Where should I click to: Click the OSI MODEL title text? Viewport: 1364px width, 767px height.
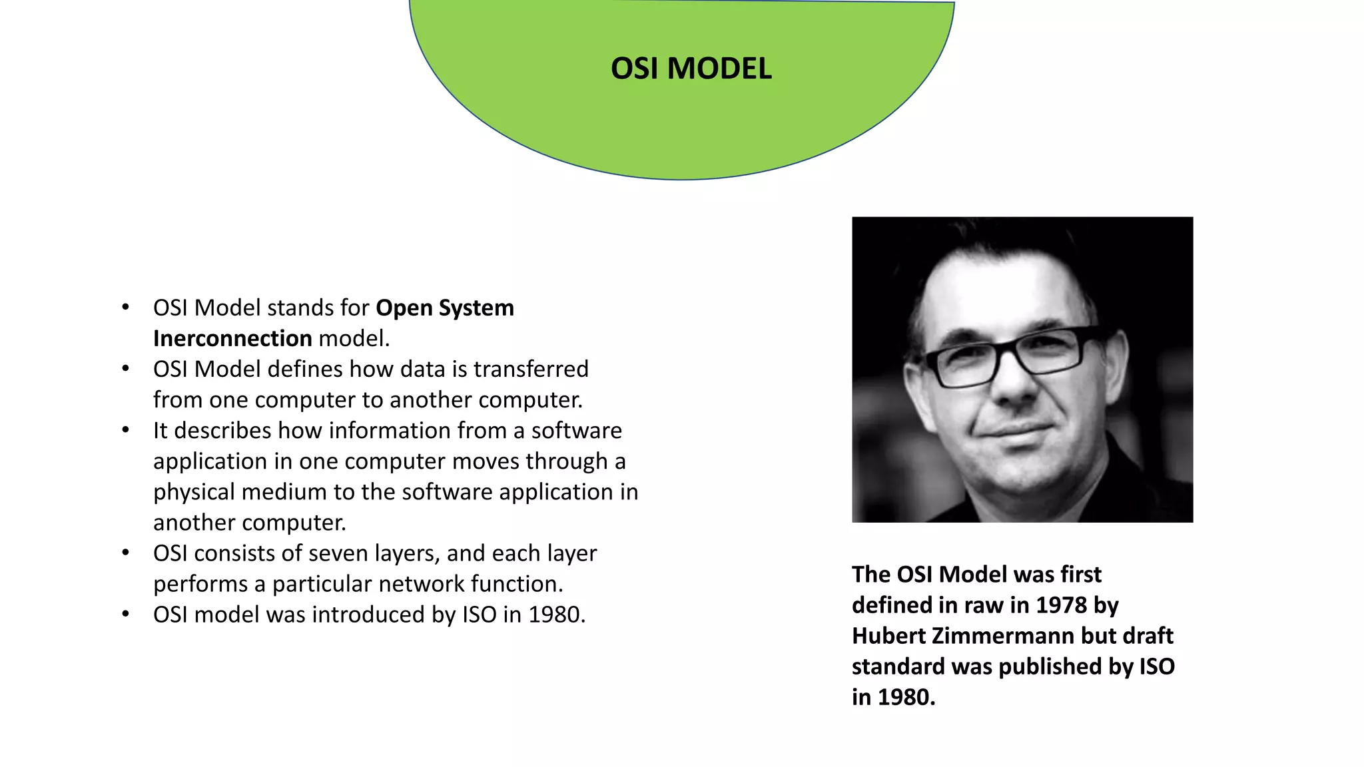tap(691, 69)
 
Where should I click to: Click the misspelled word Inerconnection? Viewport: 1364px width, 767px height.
tap(232, 338)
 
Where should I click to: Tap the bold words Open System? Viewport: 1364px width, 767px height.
tap(444, 308)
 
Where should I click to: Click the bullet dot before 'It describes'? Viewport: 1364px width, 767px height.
tap(125, 430)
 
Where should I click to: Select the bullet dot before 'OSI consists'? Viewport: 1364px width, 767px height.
tap(125, 553)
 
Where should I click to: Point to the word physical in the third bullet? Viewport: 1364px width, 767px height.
tap(194, 492)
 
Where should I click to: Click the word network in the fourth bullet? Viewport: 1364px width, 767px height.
tap(422, 584)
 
